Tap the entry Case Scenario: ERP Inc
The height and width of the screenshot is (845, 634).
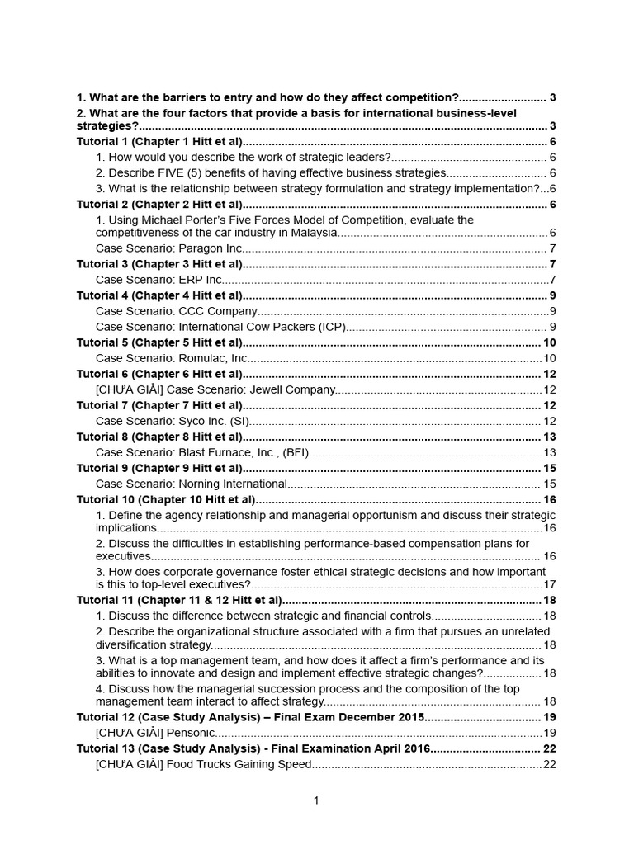159,280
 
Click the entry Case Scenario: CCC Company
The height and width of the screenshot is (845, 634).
177,311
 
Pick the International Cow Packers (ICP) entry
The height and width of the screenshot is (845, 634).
220,327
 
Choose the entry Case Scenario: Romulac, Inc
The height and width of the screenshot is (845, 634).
172,358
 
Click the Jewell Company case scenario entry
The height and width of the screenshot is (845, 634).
216,389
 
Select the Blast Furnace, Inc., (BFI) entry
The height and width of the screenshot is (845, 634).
201,452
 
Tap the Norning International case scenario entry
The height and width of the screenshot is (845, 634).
192,484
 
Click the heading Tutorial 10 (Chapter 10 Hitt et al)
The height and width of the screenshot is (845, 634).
166,499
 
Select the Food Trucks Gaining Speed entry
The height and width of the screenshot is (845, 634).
204,764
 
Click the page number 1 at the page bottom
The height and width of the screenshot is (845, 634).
316,800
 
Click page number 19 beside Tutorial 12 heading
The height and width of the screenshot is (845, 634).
550,717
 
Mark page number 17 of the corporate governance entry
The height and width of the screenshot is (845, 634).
550,584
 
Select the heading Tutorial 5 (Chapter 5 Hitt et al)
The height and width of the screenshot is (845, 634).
160,342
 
